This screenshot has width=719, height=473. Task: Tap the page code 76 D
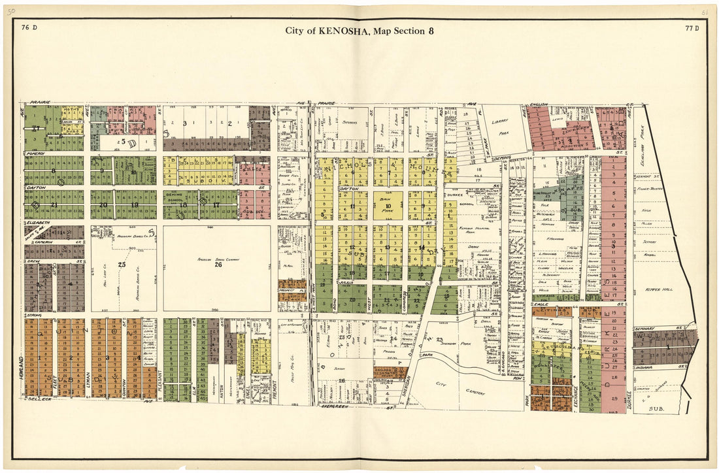point(29,27)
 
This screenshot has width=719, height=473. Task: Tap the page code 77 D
point(692,27)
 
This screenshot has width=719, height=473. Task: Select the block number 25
point(122,265)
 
